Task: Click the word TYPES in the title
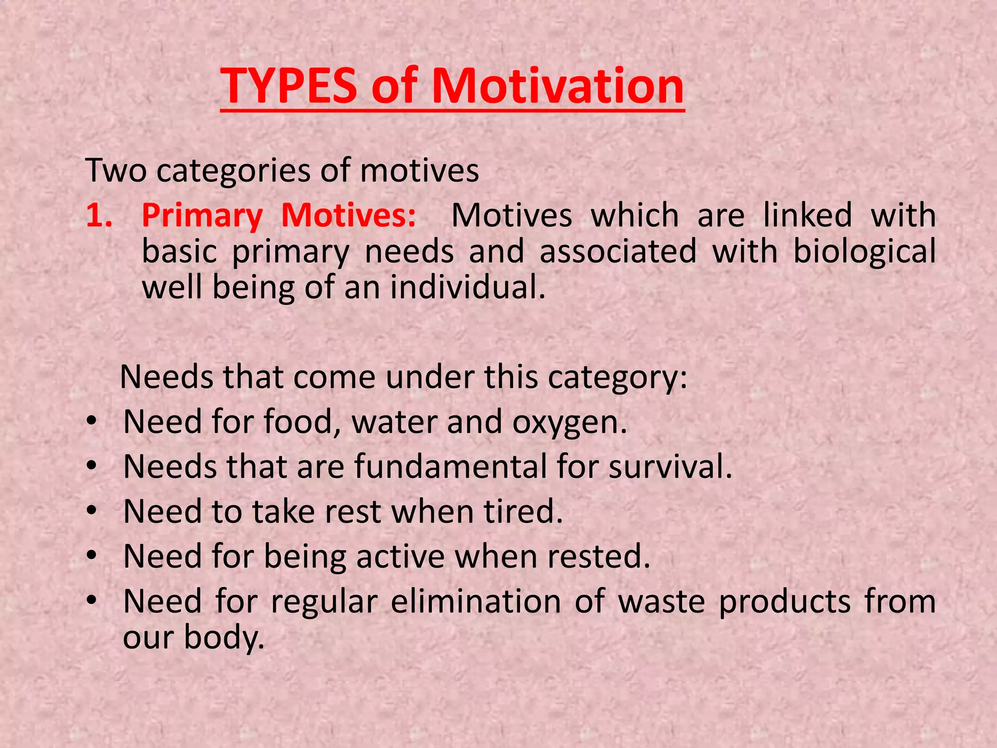point(288,87)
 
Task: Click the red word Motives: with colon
point(349,215)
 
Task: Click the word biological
point(864,252)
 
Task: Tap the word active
point(400,556)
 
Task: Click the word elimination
point(476,601)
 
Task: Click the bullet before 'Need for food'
point(92,422)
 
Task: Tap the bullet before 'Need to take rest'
point(92,511)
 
